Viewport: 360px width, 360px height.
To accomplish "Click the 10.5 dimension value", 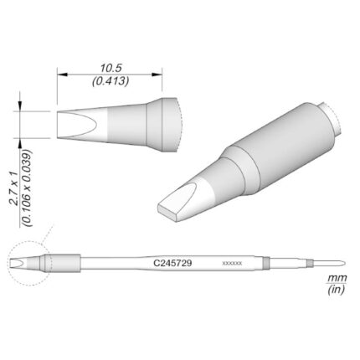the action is [x=111, y=69].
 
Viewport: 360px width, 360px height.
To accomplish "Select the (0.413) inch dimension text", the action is [x=111, y=81].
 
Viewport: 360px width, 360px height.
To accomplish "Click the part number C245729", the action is [x=172, y=263].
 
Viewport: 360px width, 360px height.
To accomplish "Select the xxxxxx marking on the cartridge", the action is [x=232, y=263].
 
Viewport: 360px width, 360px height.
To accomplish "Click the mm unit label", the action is [x=337, y=278].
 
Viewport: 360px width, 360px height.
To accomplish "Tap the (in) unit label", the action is [x=337, y=290].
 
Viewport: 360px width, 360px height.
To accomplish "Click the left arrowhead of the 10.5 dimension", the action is [x=62, y=75].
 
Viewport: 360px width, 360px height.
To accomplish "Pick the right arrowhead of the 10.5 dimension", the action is [x=157, y=75].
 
